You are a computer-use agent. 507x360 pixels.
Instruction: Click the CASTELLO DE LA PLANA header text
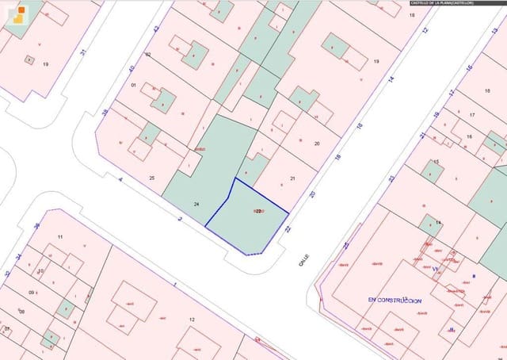pyautogui.click(x=441, y=3)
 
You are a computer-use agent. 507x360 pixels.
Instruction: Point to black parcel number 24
pyautogui.click(x=196, y=205)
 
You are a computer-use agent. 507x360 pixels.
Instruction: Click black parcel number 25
pyautogui.click(x=151, y=178)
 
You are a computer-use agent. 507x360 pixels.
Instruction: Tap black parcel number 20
pyautogui.click(x=316, y=144)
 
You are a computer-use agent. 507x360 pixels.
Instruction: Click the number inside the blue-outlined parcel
pyautogui.click(x=258, y=212)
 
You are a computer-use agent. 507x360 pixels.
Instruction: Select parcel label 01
pyautogui.click(x=133, y=85)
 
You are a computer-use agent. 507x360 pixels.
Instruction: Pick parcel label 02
pyautogui.click(x=147, y=55)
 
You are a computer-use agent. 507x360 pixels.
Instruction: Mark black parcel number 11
pyautogui.click(x=59, y=237)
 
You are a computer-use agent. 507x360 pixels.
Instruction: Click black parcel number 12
pyautogui.click(x=191, y=319)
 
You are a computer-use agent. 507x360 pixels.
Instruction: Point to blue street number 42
pyautogui.click(x=156, y=29)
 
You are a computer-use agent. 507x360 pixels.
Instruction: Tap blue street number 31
pyautogui.click(x=84, y=52)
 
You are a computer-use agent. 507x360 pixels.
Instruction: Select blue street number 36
pyautogui.click(x=36, y=225)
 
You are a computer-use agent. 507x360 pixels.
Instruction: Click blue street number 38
pyautogui.click(x=104, y=112)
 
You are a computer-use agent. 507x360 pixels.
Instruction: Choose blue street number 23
pyautogui.click(x=391, y=179)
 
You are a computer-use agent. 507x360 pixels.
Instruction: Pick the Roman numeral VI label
pyautogui.click(x=435, y=270)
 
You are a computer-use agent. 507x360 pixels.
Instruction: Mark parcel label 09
pyautogui.click(x=32, y=293)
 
